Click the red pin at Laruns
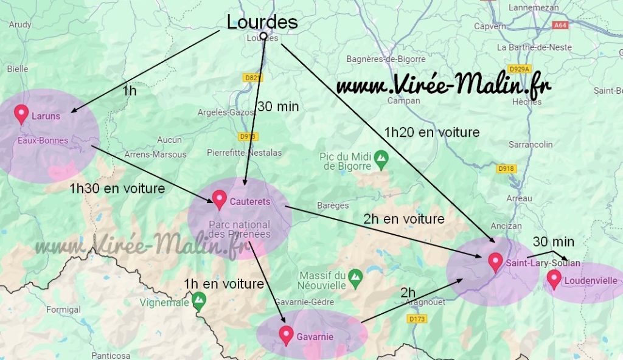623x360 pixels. tap(22, 114)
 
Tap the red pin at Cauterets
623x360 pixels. tap(220, 199)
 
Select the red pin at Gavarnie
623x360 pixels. tap(286, 335)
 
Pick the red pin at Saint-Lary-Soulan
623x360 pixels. tap(495, 262)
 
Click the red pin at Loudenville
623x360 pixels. tap(554, 279)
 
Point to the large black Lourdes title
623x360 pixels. tap(262, 22)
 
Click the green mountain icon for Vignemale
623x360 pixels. tap(198, 300)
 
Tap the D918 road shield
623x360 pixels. tap(506, 168)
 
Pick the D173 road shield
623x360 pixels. tap(417, 319)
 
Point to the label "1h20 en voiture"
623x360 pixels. tap(431, 132)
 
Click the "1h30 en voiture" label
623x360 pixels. tap(117, 189)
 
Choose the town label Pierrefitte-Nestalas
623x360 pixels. tap(244, 153)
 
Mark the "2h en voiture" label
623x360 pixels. tap(403, 218)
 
